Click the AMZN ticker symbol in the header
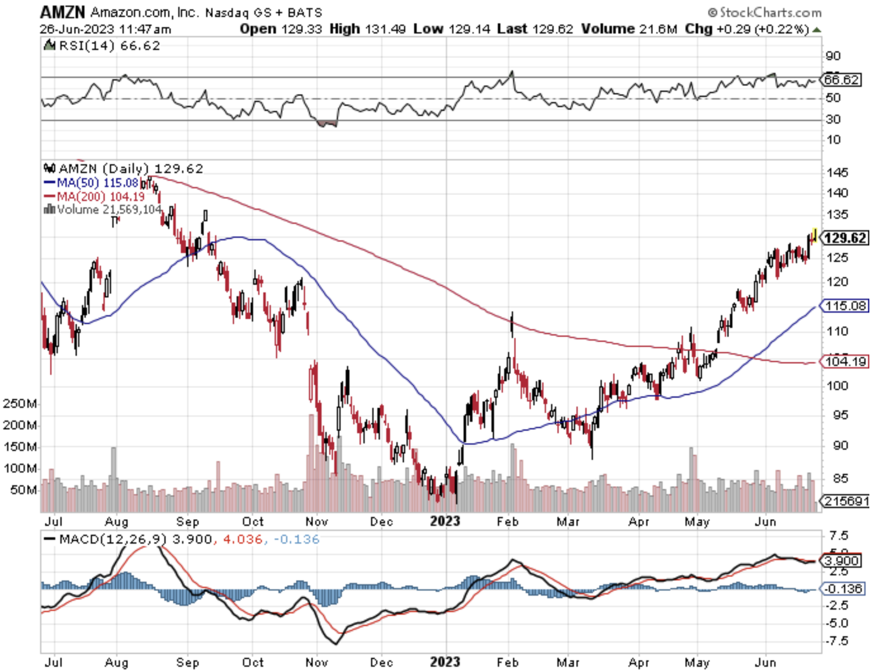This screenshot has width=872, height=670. pyautogui.click(x=62, y=12)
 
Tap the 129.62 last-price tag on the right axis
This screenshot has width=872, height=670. pyautogui.click(x=845, y=238)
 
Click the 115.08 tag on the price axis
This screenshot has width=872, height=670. pyautogui.click(x=846, y=306)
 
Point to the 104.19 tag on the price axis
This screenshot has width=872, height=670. pyautogui.click(x=846, y=362)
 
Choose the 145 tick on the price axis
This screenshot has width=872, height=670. pyautogui.click(x=837, y=173)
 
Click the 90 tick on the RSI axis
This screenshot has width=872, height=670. pyautogui.click(x=833, y=56)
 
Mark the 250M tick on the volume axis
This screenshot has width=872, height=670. pyautogui.click(x=20, y=404)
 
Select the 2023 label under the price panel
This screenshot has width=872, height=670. pyautogui.click(x=445, y=521)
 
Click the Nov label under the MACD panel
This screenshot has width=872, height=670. pyautogui.click(x=316, y=662)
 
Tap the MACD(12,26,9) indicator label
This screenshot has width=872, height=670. pyautogui.click(x=112, y=539)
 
